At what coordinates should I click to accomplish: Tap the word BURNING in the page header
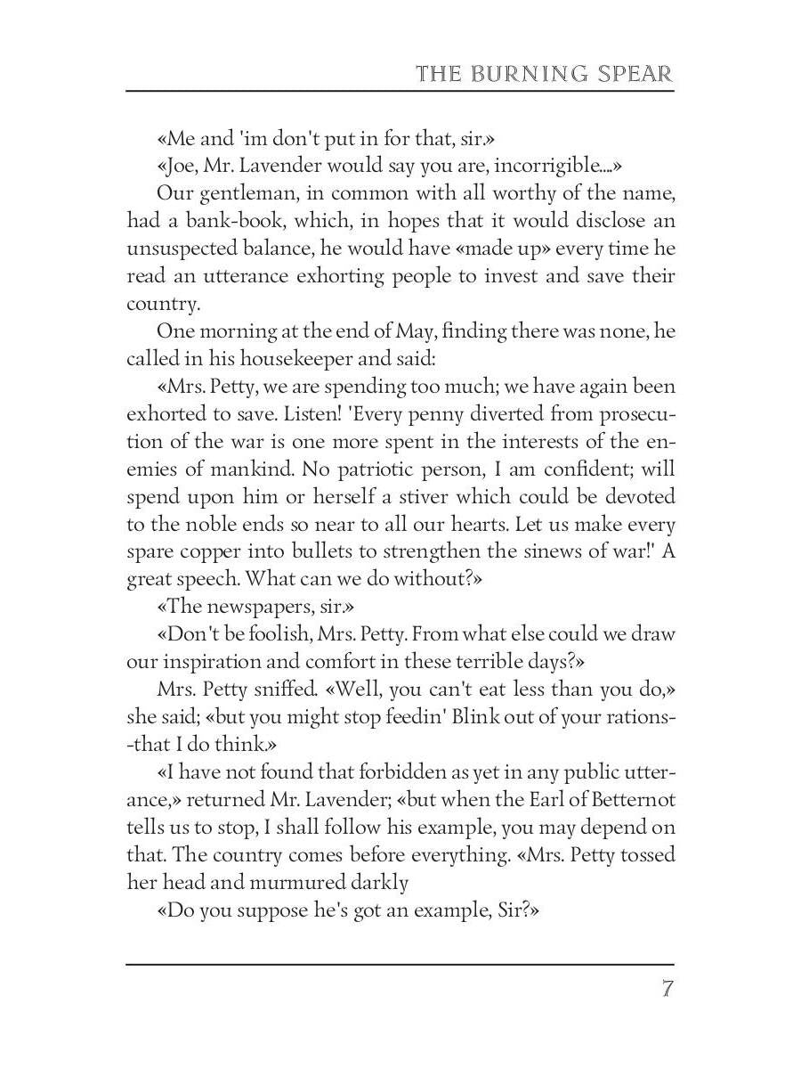[x=525, y=73]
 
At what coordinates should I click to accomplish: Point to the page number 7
[x=667, y=989]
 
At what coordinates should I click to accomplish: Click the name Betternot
[x=621, y=800]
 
